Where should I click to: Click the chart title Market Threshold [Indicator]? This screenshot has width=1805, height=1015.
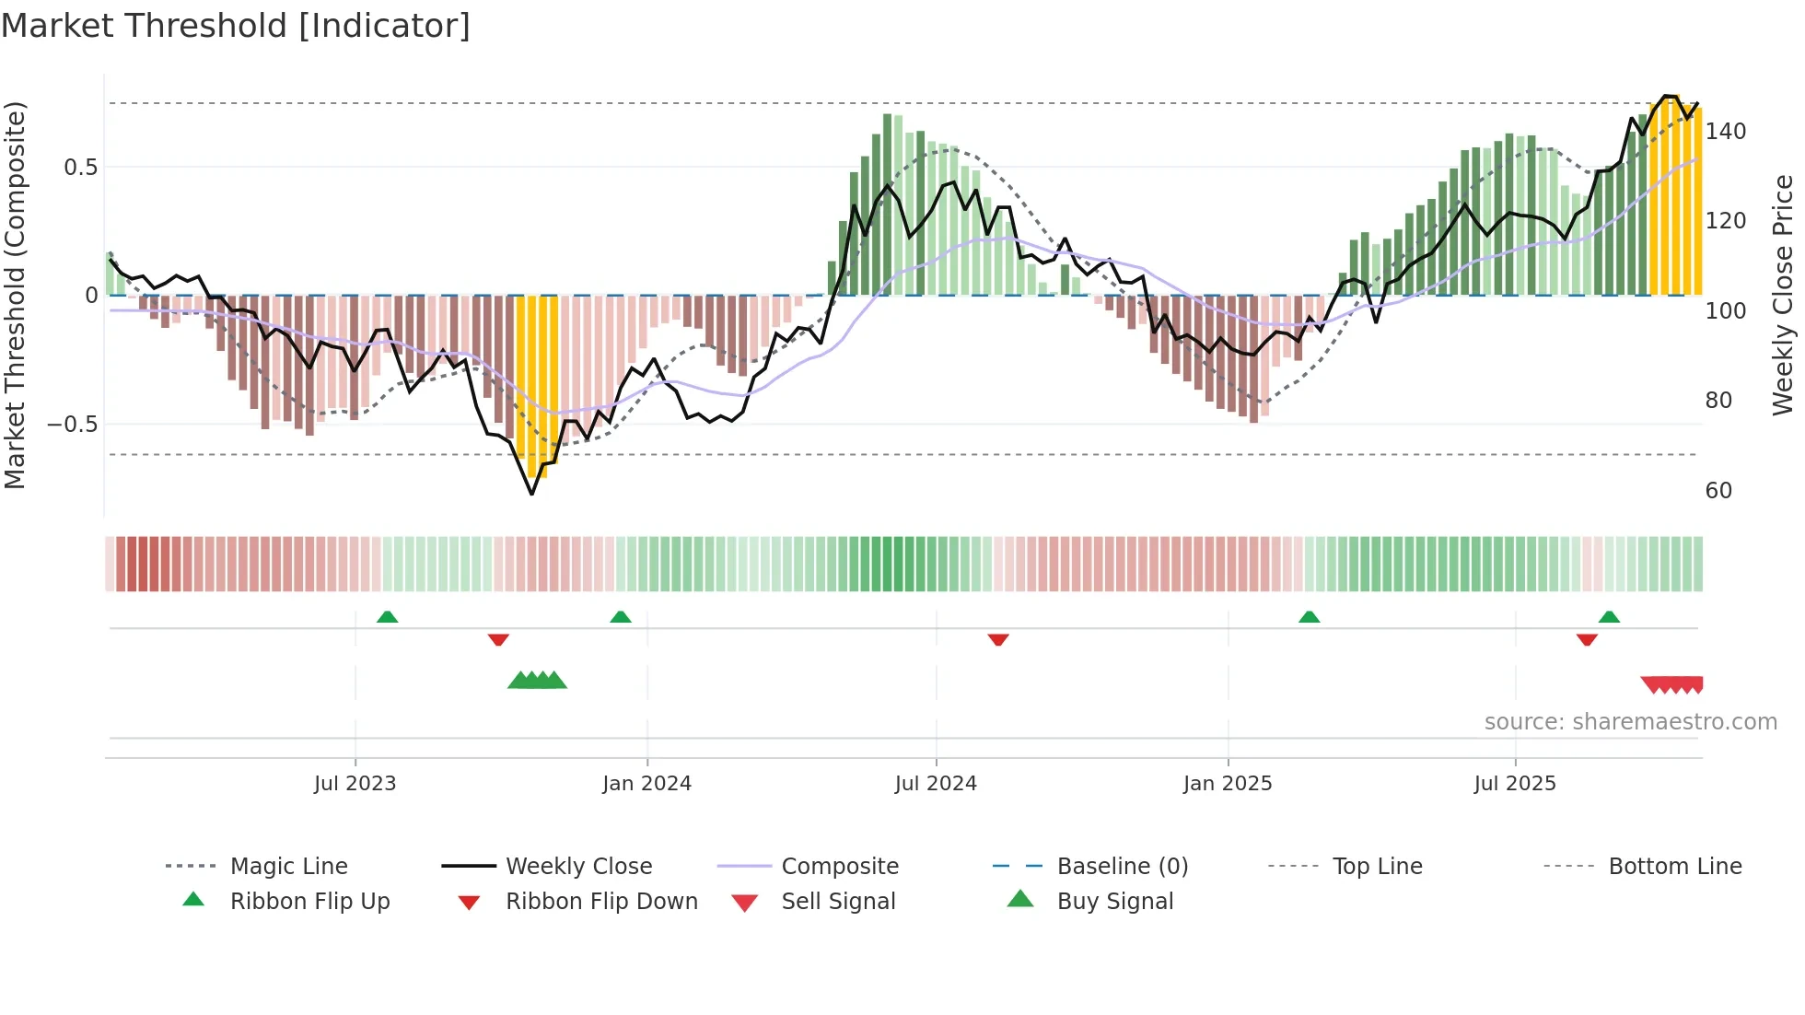(x=236, y=26)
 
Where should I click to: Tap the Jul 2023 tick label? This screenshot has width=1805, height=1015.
(x=355, y=784)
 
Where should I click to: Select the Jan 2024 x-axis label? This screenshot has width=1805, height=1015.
(x=646, y=784)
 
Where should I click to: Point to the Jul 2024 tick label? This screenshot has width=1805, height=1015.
(x=936, y=784)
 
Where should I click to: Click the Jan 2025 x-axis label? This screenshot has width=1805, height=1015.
(x=1228, y=784)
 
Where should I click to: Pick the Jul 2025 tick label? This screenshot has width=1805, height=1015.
(x=1515, y=784)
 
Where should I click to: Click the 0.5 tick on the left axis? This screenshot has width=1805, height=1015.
(x=80, y=168)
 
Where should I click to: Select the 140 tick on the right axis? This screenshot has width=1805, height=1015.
(x=1725, y=132)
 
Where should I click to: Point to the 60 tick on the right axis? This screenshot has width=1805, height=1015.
(x=1718, y=491)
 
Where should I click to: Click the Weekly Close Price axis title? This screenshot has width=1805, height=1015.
(x=1783, y=295)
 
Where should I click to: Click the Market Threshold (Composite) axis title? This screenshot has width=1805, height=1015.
(x=15, y=295)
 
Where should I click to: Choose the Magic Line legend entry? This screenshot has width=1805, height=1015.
(x=288, y=867)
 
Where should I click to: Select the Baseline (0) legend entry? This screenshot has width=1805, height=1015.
(x=1122, y=867)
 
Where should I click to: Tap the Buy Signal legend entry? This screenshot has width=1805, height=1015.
(x=1114, y=902)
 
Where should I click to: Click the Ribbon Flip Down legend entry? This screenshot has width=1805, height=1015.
(x=601, y=902)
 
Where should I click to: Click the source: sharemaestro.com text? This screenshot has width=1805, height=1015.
(x=1630, y=722)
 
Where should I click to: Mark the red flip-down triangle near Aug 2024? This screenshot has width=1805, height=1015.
(x=998, y=639)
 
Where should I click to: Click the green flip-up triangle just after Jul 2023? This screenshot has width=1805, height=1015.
(x=388, y=617)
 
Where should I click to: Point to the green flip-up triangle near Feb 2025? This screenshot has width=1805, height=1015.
(x=1309, y=617)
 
